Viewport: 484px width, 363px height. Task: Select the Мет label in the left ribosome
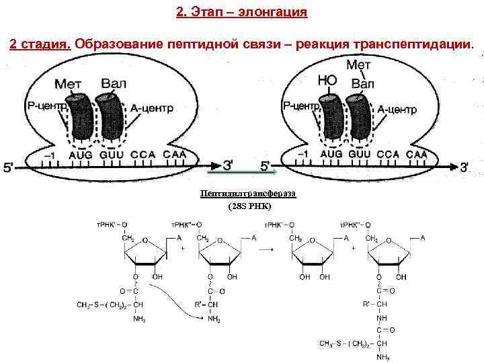pos(68,85)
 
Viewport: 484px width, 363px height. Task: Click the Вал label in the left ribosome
pos(114,84)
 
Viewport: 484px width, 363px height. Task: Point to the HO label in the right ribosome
pos(327,81)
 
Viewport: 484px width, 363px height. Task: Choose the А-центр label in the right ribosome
pos(397,109)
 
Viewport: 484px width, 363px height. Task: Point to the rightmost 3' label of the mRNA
pos(465,167)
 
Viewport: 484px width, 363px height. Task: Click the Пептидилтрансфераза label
pos(248,194)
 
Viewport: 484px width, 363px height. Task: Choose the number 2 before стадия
pos(13,44)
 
